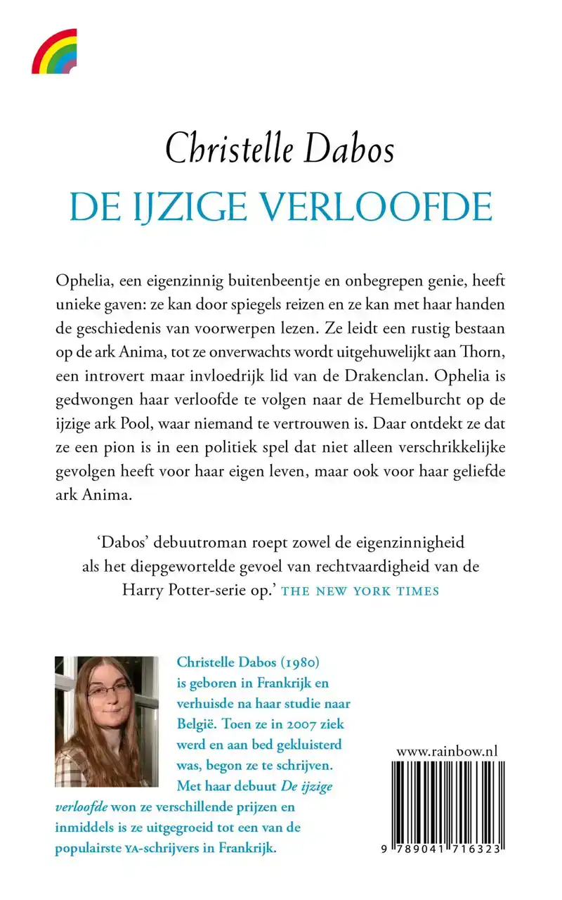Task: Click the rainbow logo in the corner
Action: point(54,51)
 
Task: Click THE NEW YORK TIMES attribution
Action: point(360,591)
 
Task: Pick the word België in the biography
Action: point(197,724)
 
